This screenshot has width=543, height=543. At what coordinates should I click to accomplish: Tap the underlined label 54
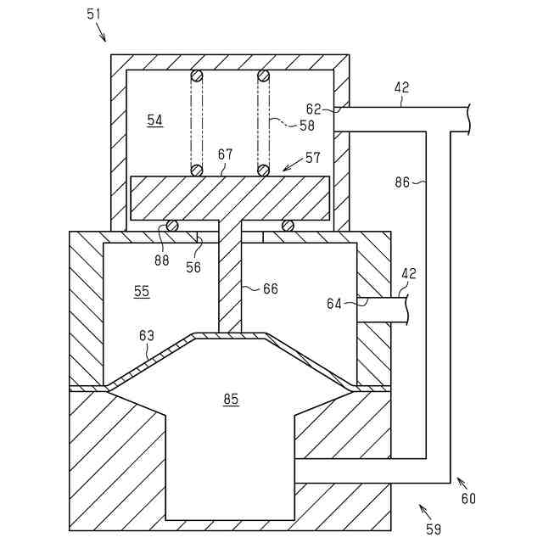pos(154,120)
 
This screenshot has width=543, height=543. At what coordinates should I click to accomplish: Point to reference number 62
pos(314,108)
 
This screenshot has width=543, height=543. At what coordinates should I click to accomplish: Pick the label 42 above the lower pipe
pos(408,273)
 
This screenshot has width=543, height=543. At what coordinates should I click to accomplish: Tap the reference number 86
pos(402,181)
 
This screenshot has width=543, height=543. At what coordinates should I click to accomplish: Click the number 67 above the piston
pos(225,154)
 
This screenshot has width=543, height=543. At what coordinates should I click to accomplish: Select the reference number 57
pos(314,158)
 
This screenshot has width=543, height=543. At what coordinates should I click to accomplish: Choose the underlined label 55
pos(142,291)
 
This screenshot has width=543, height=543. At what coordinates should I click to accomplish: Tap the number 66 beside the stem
pos(270,289)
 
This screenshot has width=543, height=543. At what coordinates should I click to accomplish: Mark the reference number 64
pos(336,302)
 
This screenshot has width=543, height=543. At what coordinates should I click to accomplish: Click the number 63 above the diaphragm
pos(147,337)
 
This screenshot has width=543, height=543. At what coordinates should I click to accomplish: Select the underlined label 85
pos(231,399)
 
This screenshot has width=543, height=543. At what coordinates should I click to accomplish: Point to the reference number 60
pos(468,499)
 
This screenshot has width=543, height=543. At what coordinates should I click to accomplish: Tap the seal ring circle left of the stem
pos(171,226)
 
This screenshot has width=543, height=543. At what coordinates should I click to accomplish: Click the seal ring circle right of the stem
pos(288,226)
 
